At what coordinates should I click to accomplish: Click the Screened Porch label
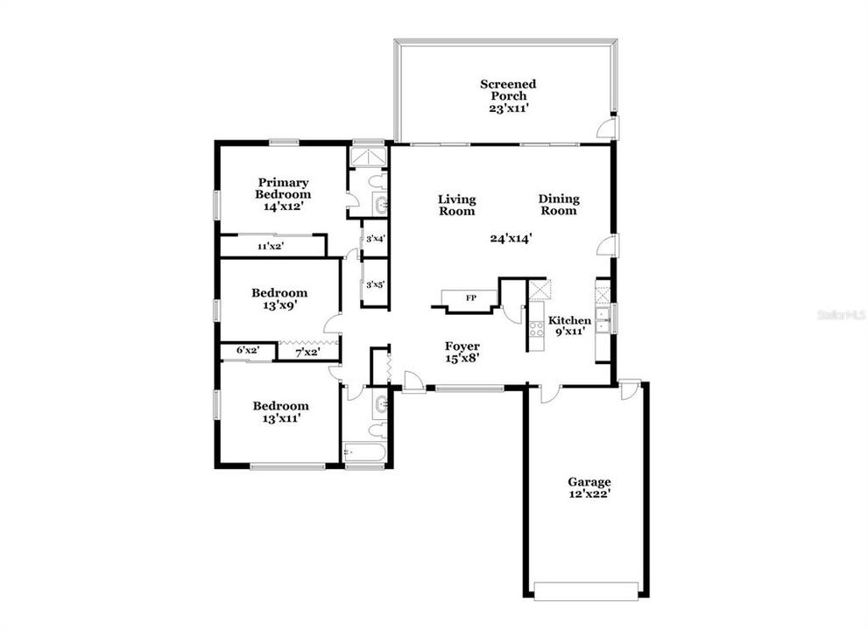click(x=508, y=90)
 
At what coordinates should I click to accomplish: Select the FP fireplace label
click(x=470, y=299)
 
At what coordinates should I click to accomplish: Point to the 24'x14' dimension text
click(x=512, y=237)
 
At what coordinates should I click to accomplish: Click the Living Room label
click(x=456, y=205)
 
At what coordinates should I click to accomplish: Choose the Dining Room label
click(x=558, y=205)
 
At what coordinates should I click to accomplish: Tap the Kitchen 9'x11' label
click(x=569, y=326)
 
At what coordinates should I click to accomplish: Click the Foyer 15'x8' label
click(x=462, y=351)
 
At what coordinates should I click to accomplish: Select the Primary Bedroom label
click(x=283, y=194)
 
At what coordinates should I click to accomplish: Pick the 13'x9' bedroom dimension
click(x=279, y=306)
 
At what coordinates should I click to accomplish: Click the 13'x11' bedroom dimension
click(x=281, y=419)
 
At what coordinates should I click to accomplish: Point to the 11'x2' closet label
click(x=270, y=247)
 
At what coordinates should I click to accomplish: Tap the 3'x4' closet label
click(x=375, y=238)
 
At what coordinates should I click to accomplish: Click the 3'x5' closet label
click(x=375, y=283)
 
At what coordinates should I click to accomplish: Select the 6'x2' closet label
click(x=246, y=351)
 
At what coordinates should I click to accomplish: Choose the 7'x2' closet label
click(x=307, y=353)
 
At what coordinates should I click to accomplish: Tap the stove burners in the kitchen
click(x=537, y=329)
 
